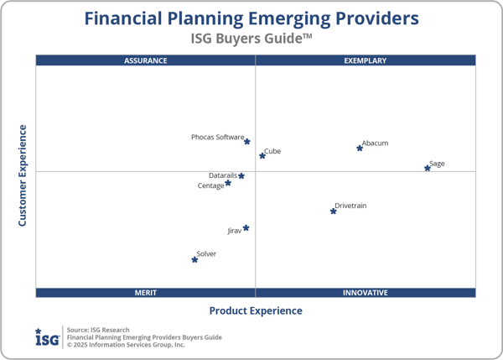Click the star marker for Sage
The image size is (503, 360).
pos(428,168)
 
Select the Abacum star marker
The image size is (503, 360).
pos(360,148)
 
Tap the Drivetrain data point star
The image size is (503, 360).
pos(333,211)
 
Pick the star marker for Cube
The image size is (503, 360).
pos(262,155)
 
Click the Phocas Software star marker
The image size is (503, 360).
pos(246,142)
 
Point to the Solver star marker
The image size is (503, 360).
pos(194,259)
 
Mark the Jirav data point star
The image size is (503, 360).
pos(246,228)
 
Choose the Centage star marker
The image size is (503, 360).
pos(227,183)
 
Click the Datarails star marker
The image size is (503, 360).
pos(241,176)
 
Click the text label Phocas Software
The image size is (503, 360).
pos(217,137)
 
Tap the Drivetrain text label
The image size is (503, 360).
pos(350,206)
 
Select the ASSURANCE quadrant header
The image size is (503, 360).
pos(146,60)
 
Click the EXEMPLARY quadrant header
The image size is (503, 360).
pos(366,60)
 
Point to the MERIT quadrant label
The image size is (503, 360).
pos(146,293)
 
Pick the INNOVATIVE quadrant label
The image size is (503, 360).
pos(366,293)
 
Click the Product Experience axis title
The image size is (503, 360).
pos(256,310)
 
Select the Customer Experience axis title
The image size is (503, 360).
pos(23,175)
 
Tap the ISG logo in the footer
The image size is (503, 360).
pos(47,337)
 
